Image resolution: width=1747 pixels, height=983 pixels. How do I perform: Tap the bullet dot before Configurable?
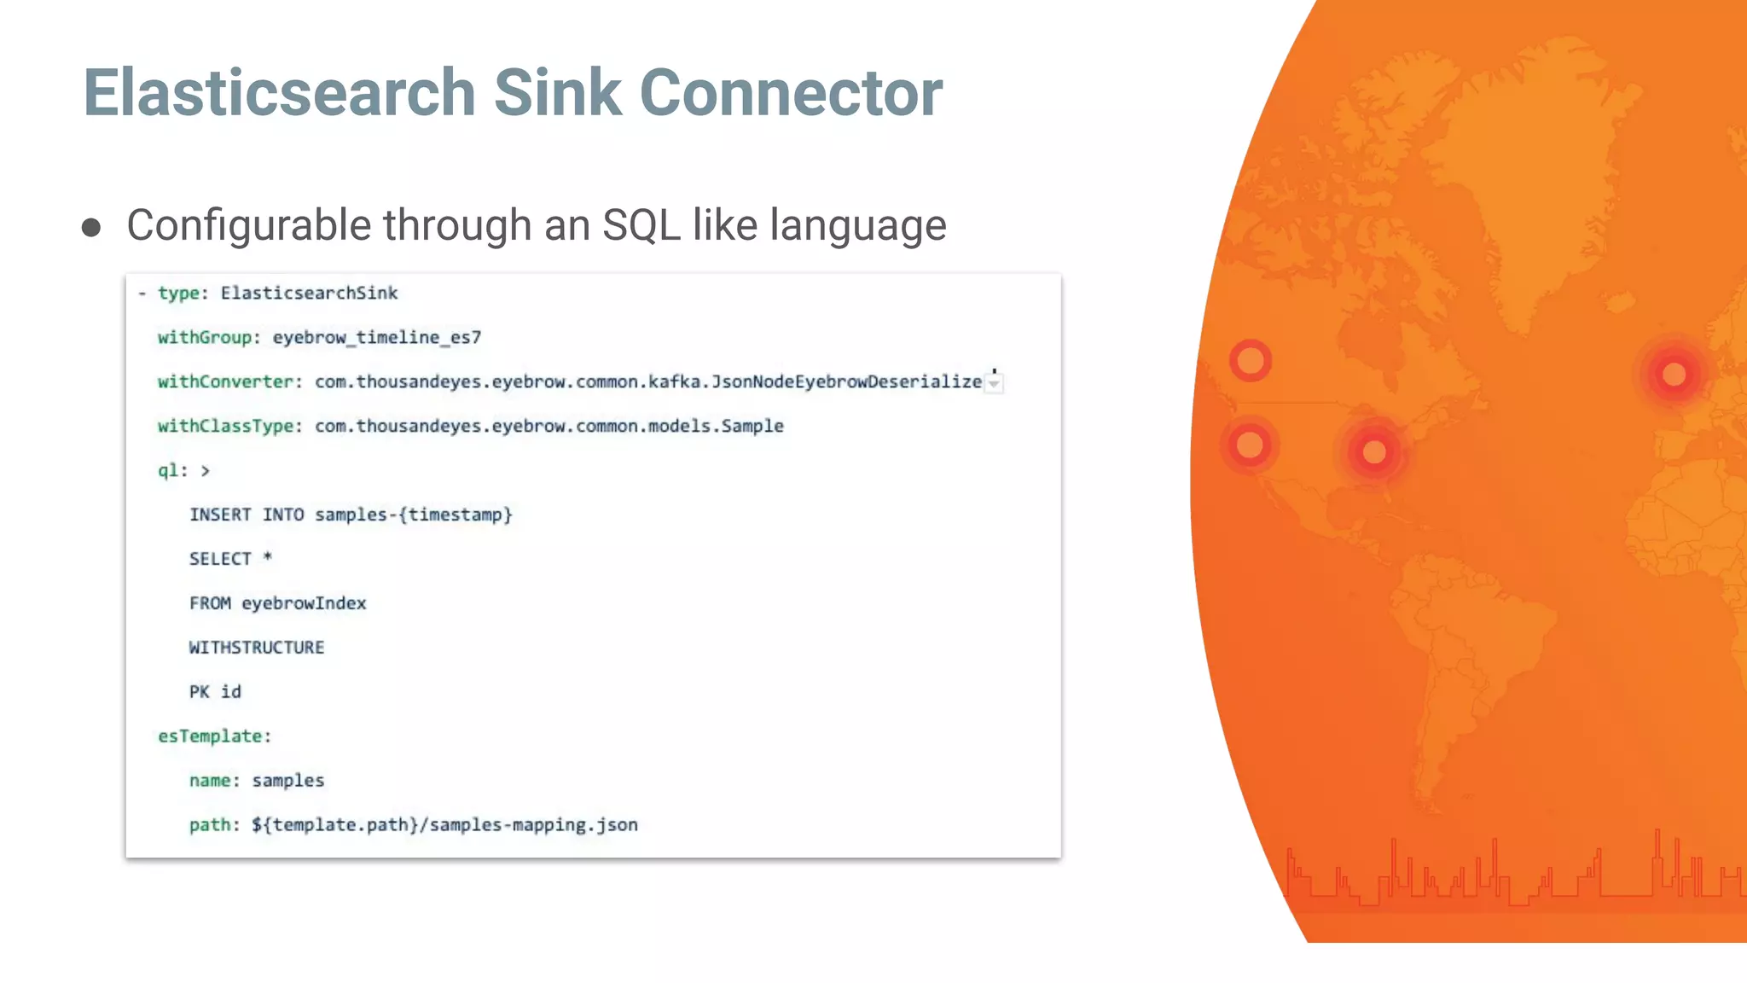(91, 228)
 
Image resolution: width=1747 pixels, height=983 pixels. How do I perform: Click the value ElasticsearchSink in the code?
(309, 294)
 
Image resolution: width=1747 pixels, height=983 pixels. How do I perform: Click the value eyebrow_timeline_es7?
(376, 338)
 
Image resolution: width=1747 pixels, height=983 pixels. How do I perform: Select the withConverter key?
(226, 382)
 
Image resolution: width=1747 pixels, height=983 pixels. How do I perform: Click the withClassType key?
(227, 427)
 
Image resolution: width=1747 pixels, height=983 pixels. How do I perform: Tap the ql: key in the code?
(172, 471)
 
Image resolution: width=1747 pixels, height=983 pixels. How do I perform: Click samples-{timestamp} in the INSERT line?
(414, 515)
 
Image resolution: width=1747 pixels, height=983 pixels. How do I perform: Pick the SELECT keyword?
(220, 560)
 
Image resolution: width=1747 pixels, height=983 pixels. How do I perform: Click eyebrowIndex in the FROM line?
(304, 604)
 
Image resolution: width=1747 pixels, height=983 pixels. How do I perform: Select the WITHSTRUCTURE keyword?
(257, 648)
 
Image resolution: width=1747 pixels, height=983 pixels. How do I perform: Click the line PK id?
(215, 692)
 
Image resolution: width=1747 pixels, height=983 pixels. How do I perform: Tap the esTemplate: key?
(213, 736)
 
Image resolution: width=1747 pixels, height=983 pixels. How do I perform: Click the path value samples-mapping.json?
(532, 825)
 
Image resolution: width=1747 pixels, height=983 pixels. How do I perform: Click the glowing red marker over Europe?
(1674, 374)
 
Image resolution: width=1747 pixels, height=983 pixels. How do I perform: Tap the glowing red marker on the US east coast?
(1374, 452)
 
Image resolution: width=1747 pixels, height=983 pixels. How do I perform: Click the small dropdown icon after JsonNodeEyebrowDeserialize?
(994, 384)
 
